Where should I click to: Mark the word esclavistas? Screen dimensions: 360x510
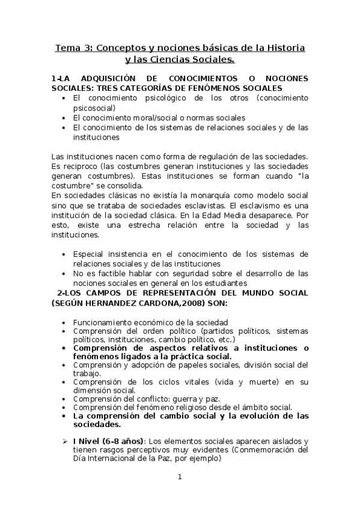point(203,204)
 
